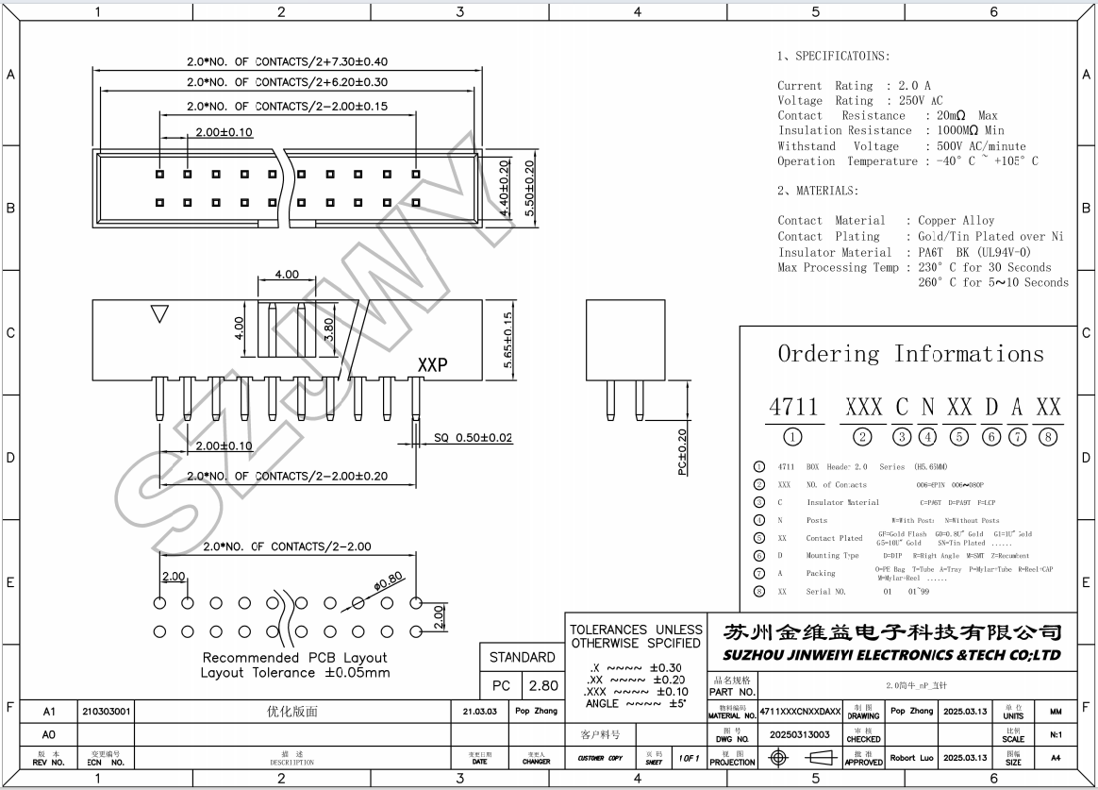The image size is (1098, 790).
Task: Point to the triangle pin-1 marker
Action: click(x=160, y=313)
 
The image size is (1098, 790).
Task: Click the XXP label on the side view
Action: click(x=432, y=364)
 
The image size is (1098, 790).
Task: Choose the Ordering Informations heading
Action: click(x=910, y=354)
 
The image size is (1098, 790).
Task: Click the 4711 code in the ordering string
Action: click(x=793, y=407)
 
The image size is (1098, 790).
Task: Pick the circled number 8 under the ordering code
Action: click(x=1048, y=436)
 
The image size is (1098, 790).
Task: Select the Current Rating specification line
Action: click(x=854, y=85)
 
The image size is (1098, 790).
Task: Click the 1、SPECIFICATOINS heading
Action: click(x=833, y=56)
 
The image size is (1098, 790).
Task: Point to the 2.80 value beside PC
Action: click(x=543, y=686)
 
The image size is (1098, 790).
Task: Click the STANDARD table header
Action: click(x=522, y=657)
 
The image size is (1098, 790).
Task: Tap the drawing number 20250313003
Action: click(x=800, y=734)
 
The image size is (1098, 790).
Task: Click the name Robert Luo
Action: click(x=912, y=757)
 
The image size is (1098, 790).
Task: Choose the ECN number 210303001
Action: click(x=106, y=711)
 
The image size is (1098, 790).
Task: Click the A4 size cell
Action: click(x=1055, y=757)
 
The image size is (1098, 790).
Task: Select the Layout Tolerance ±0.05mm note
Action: click(x=295, y=673)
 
